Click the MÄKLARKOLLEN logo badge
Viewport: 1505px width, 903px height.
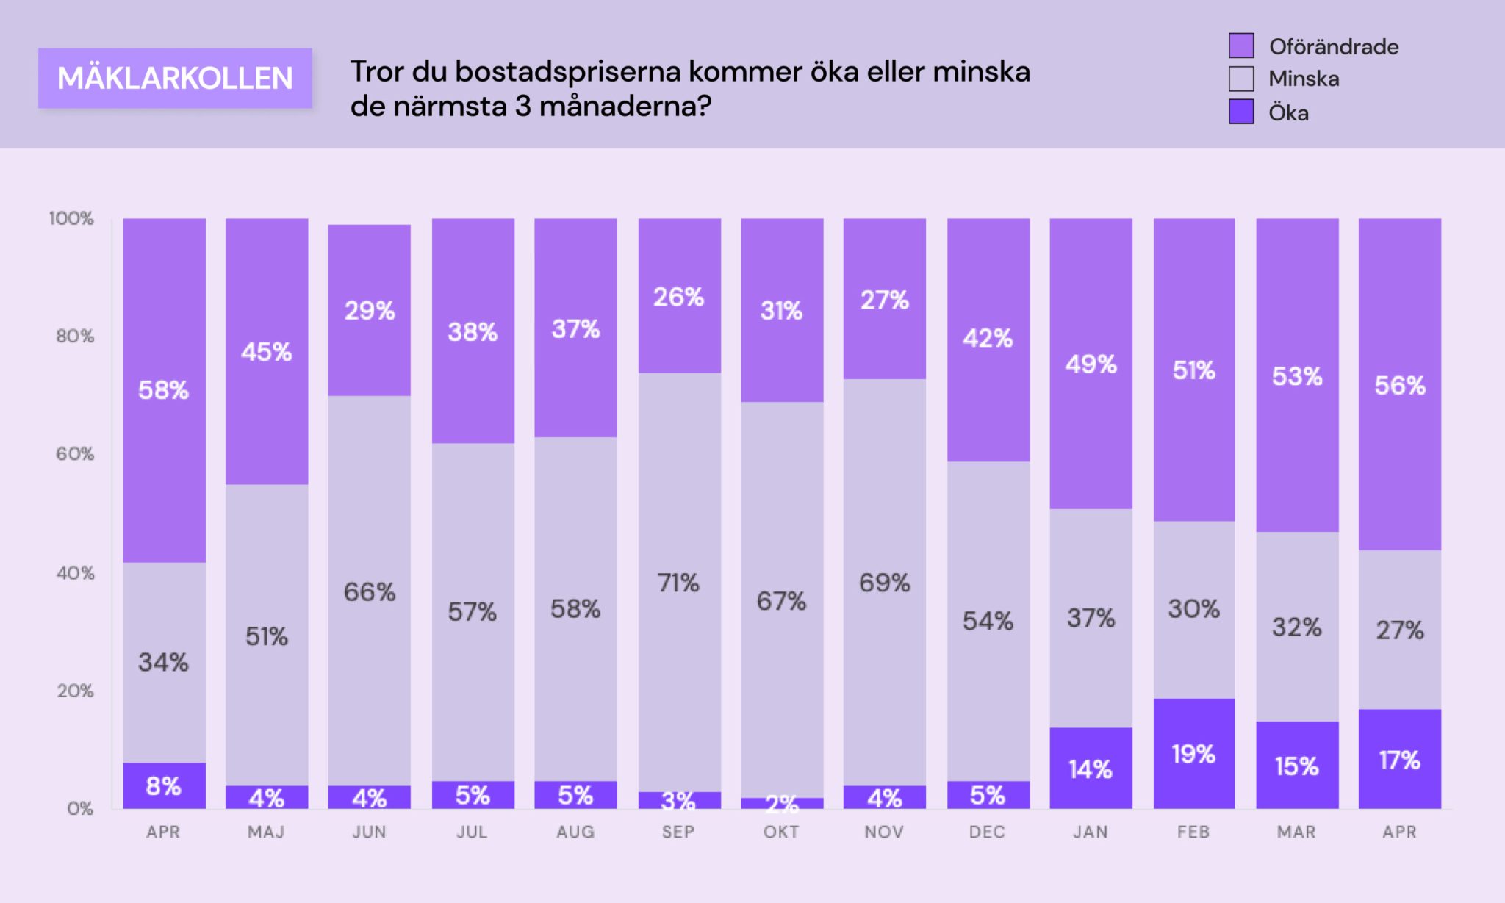[175, 78]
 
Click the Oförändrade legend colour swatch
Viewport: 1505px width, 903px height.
[1241, 46]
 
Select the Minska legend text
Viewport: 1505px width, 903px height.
[1304, 79]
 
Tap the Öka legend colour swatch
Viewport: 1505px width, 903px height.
[1241, 112]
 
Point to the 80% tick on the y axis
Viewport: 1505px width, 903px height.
[75, 337]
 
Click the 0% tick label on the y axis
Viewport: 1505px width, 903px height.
[79, 809]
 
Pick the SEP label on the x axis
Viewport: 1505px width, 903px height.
[678, 832]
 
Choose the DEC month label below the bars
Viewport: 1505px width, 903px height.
[987, 832]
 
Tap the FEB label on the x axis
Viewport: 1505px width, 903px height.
[1193, 832]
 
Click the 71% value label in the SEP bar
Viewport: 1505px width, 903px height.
[678, 583]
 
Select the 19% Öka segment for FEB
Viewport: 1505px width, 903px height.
[1193, 754]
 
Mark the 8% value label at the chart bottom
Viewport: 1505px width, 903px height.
[163, 786]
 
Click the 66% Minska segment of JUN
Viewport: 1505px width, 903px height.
[369, 591]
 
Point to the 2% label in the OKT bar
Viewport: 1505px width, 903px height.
[782, 804]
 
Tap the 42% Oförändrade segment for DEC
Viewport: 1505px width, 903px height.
[988, 339]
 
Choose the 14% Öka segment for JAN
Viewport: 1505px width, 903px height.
[1091, 769]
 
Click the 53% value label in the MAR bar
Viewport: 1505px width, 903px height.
[1297, 376]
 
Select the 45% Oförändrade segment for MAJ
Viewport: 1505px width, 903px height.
[266, 352]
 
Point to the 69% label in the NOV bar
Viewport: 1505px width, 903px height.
[885, 583]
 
